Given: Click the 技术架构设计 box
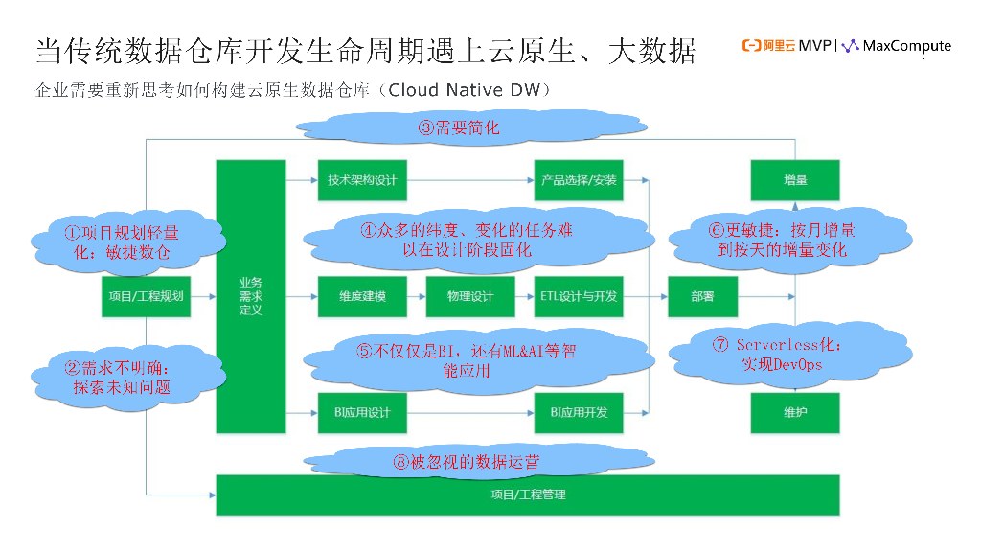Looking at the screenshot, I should [x=362, y=180].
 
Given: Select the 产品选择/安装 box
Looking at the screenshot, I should [x=579, y=180].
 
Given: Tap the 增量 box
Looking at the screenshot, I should [x=795, y=180].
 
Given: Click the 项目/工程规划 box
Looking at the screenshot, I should [x=144, y=297].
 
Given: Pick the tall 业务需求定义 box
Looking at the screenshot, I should [x=251, y=297].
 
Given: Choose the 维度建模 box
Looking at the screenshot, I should [x=362, y=297].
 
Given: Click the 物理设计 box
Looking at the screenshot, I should [x=469, y=297].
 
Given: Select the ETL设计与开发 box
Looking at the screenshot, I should [x=579, y=297].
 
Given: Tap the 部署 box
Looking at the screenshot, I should [x=702, y=297].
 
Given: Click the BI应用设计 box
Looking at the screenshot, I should [x=362, y=413].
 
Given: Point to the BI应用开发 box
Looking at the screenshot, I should [x=579, y=413].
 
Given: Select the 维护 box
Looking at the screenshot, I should [x=795, y=413].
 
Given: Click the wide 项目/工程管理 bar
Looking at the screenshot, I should [x=528, y=494].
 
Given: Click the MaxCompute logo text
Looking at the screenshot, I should [x=906, y=46].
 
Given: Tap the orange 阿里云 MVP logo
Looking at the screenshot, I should [x=787, y=46].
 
